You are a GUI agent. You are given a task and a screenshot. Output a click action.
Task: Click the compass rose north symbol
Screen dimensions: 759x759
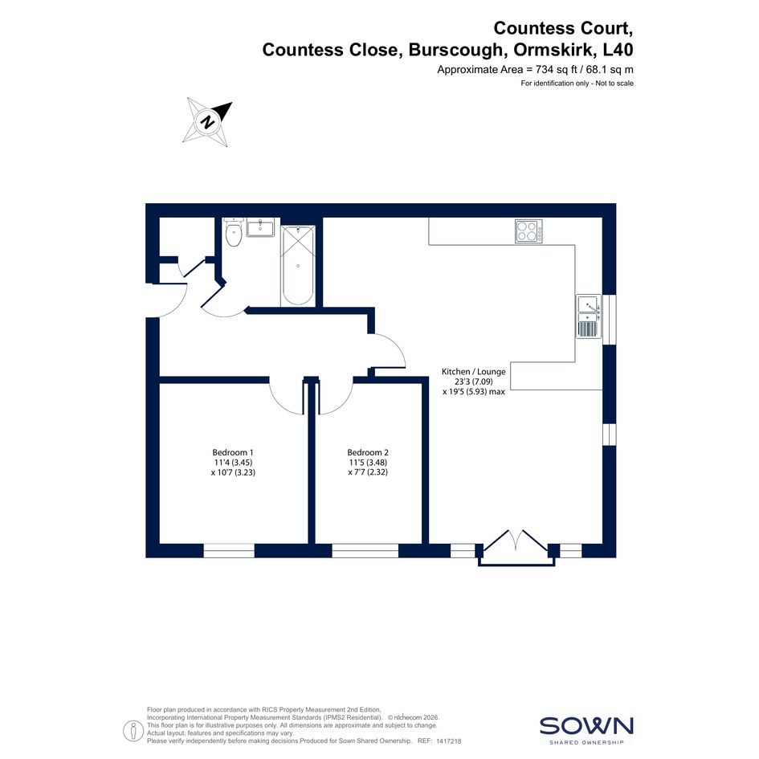coord(208,121)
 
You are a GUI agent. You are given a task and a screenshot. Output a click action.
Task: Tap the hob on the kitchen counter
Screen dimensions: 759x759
coord(528,231)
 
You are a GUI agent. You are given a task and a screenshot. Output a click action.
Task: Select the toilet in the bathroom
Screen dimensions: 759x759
coord(234,232)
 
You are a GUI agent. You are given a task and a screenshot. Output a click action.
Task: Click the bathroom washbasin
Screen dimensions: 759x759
coord(260,227)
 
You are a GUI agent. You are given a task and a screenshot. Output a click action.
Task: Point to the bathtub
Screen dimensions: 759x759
coord(298,266)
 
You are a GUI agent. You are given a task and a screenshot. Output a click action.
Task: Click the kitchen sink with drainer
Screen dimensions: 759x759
coord(589,316)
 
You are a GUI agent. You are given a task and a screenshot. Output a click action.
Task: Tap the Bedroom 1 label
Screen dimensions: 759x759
coord(233,453)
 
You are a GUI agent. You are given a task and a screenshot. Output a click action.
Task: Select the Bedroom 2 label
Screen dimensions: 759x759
coord(368,453)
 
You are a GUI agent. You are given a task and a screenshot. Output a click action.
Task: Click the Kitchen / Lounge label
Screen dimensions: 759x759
coord(473,372)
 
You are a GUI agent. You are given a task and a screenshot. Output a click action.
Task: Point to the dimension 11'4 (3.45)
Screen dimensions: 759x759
coord(233,463)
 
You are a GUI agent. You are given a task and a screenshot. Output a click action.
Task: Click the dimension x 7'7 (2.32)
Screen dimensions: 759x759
coord(368,472)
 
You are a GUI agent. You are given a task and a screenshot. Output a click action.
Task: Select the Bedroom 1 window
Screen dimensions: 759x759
coord(229,550)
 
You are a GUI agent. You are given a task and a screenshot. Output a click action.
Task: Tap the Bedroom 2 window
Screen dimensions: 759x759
coord(365,550)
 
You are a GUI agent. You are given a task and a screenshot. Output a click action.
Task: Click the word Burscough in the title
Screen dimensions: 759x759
coord(455,50)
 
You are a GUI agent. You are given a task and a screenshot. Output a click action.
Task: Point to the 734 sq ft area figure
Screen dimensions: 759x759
coord(557,69)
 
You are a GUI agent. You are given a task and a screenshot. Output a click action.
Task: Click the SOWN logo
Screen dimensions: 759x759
coord(586,729)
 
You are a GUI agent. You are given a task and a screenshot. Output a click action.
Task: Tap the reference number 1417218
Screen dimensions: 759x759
coord(449,741)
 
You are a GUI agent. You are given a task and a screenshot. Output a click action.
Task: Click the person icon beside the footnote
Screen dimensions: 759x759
coord(133,730)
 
